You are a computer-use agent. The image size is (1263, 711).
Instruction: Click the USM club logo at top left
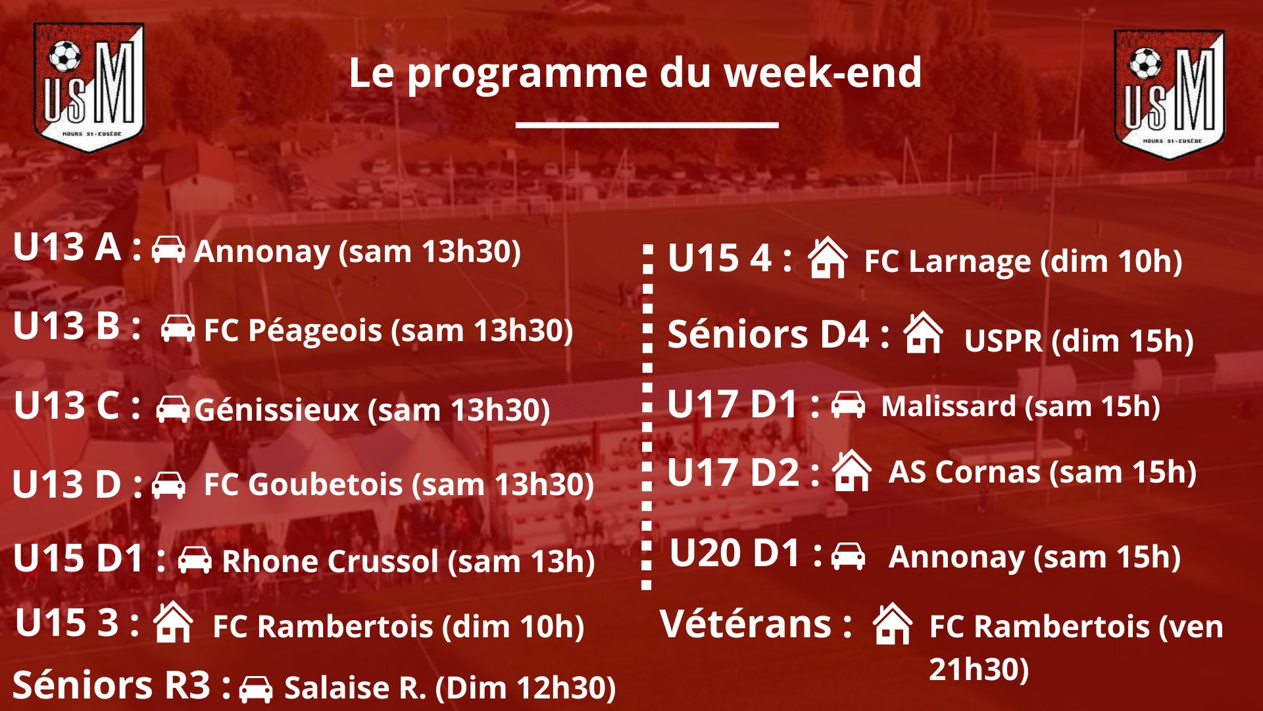click(x=89, y=88)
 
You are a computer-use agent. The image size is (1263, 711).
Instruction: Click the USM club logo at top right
click(x=1169, y=94)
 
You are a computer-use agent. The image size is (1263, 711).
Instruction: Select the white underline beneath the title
click(x=647, y=124)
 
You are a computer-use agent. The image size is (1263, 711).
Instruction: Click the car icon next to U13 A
click(x=168, y=250)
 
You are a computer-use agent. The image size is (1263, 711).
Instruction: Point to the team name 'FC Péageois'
click(x=293, y=330)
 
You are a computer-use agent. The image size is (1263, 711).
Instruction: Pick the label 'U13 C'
click(x=66, y=405)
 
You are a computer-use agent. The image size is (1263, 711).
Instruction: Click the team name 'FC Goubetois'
click(x=303, y=484)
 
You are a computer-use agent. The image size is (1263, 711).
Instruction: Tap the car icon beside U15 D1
click(x=195, y=560)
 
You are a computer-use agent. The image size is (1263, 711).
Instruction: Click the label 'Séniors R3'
click(x=112, y=685)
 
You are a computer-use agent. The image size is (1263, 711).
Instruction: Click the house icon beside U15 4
click(x=828, y=258)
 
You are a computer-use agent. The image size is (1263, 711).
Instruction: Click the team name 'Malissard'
click(x=949, y=406)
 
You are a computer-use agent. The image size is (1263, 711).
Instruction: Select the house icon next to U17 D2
click(x=852, y=471)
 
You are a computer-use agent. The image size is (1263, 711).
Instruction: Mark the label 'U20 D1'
click(x=735, y=553)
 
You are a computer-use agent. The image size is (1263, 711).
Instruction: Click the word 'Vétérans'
click(x=746, y=623)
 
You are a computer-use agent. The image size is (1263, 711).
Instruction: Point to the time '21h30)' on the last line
click(x=979, y=669)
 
